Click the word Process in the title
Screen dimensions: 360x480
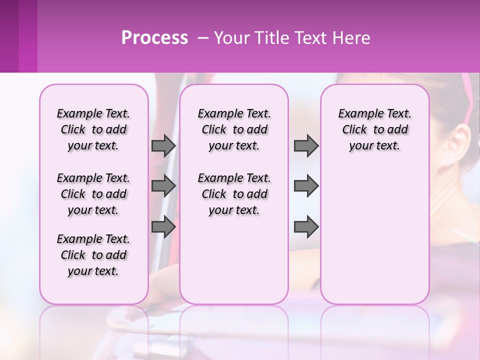pos(154,38)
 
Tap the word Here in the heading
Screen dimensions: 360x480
pos(352,38)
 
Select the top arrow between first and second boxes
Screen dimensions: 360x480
pos(163,146)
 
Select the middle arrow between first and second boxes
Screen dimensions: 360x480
pos(163,186)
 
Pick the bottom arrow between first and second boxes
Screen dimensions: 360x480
pos(163,227)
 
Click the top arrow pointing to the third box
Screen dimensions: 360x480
pos(306,146)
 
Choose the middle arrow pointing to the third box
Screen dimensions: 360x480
pos(306,186)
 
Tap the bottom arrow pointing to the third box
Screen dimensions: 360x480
pos(306,227)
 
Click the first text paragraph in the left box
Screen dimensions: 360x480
pos(93,129)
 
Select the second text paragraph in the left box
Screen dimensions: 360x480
pos(93,194)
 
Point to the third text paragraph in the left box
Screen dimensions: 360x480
pos(93,255)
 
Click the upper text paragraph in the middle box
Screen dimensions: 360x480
pos(234,129)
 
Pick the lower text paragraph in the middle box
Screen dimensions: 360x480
pos(234,194)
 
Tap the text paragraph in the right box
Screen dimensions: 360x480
pos(375,129)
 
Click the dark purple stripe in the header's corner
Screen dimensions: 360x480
pos(9,36)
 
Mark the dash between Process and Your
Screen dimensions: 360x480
pos(203,38)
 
